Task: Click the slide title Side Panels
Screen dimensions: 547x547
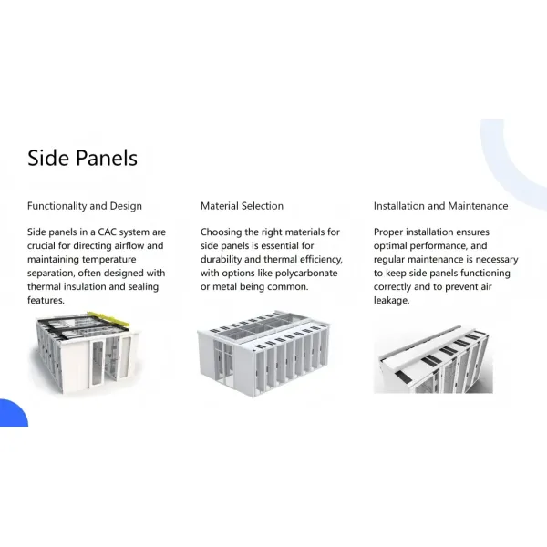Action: coord(82,158)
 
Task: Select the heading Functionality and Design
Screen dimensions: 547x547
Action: coord(85,206)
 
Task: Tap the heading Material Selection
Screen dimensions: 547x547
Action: coord(242,206)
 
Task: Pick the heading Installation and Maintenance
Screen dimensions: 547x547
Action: coord(440,206)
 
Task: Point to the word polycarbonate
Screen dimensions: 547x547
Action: coord(308,273)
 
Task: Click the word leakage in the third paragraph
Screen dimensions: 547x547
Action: coord(391,301)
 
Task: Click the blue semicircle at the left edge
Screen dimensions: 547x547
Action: coord(11,415)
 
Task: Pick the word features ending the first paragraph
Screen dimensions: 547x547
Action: coord(45,301)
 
